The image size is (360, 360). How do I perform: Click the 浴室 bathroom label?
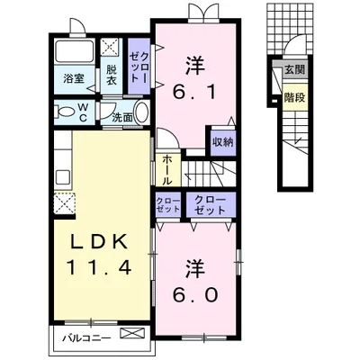click(x=74, y=78)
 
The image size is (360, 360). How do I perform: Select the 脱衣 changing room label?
click(x=112, y=75)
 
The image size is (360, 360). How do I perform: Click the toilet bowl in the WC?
click(x=66, y=112)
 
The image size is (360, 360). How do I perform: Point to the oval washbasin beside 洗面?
click(x=141, y=112)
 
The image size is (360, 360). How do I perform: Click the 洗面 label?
click(x=122, y=118)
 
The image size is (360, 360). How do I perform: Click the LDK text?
click(x=98, y=242)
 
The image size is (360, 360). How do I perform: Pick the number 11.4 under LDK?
click(x=99, y=267)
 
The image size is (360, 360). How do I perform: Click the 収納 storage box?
click(x=222, y=142)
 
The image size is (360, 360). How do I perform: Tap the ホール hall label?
click(x=167, y=170)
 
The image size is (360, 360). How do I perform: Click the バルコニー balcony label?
click(x=86, y=338)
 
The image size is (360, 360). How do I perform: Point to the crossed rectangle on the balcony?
click(x=132, y=334)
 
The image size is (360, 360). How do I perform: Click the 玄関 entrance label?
click(x=294, y=69)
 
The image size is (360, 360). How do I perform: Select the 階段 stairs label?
click(x=294, y=97)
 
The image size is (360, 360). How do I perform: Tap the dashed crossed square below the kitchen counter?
click(x=65, y=203)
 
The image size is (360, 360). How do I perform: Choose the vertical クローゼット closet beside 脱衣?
click(x=139, y=66)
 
